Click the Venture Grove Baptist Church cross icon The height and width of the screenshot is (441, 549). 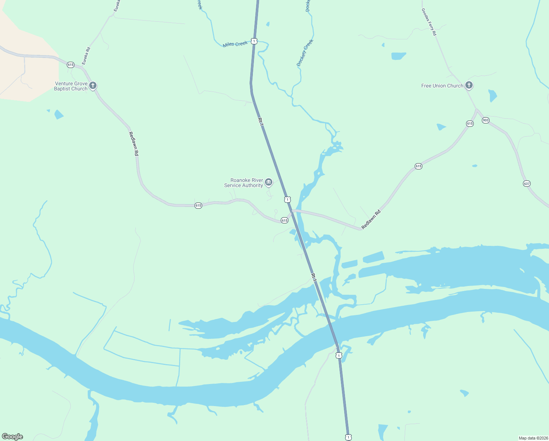pyautogui.click(x=93, y=86)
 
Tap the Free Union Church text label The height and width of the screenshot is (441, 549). pyautogui.click(x=442, y=86)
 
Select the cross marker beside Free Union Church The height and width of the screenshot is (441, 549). pyautogui.click(x=469, y=85)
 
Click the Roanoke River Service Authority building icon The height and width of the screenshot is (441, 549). pyautogui.click(x=269, y=182)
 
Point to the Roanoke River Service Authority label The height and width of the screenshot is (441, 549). pyautogui.click(x=244, y=183)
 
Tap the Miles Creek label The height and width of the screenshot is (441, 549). pyautogui.click(x=235, y=44)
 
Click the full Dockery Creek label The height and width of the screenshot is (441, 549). pyautogui.click(x=305, y=53)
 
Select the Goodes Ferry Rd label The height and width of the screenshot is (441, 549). pyautogui.click(x=429, y=22)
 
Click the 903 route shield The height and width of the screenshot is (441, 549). pyautogui.click(x=486, y=120)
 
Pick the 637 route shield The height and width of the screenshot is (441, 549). pyautogui.click(x=527, y=183)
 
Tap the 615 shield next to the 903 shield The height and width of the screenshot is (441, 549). pyautogui.click(x=470, y=123)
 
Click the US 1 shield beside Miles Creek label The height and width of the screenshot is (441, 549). pyautogui.click(x=254, y=41)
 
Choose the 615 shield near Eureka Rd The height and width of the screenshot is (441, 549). pyautogui.click(x=70, y=65)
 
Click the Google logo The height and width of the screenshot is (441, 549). pyautogui.click(x=12, y=437)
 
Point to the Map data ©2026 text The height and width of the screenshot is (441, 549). pyautogui.click(x=533, y=438)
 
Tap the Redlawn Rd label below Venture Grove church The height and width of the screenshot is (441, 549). pyautogui.click(x=134, y=144)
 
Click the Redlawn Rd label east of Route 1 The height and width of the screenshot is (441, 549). pyautogui.click(x=371, y=220)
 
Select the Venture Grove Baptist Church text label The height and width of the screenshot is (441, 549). pyautogui.click(x=71, y=86)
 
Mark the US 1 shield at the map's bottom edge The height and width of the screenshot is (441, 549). pyautogui.click(x=348, y=437)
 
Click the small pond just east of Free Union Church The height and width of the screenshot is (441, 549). pyautogui.click(x=492, y=96)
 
